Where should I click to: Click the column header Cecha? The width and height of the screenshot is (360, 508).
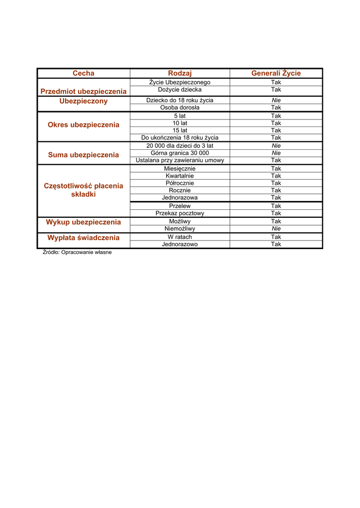(83, 73)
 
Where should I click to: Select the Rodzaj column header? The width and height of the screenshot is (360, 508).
(180, 73)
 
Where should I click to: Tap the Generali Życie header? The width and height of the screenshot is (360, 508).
(276, 73)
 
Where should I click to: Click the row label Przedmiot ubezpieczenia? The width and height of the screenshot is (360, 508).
(83, 91)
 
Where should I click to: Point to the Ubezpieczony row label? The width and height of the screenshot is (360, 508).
(83, 101)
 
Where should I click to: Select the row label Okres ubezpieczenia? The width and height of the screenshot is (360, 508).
(83, 125)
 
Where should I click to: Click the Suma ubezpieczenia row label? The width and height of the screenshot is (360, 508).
(83, 155)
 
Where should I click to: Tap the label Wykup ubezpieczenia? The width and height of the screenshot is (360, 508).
(83, 222)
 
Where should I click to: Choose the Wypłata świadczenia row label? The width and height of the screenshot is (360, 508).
(83, 238)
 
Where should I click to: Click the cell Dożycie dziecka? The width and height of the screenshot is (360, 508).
(180, 90)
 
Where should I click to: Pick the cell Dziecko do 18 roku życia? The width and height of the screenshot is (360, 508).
(180, 100)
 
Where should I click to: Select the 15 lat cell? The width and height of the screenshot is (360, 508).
(180, 130)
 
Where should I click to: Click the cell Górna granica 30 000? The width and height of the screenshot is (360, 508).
(180, 153)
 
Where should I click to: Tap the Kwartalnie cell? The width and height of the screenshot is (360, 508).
(180, 176)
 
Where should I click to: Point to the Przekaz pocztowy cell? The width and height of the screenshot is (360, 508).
(180, 213)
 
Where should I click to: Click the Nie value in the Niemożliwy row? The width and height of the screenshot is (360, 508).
(276, 229)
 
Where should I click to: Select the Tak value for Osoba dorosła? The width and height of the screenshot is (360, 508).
(276, 108)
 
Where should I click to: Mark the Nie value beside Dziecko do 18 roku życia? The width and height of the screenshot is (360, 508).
(276, 100)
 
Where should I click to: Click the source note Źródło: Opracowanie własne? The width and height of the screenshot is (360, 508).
(77, 253)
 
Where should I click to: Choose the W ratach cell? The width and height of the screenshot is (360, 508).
(180, 237)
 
